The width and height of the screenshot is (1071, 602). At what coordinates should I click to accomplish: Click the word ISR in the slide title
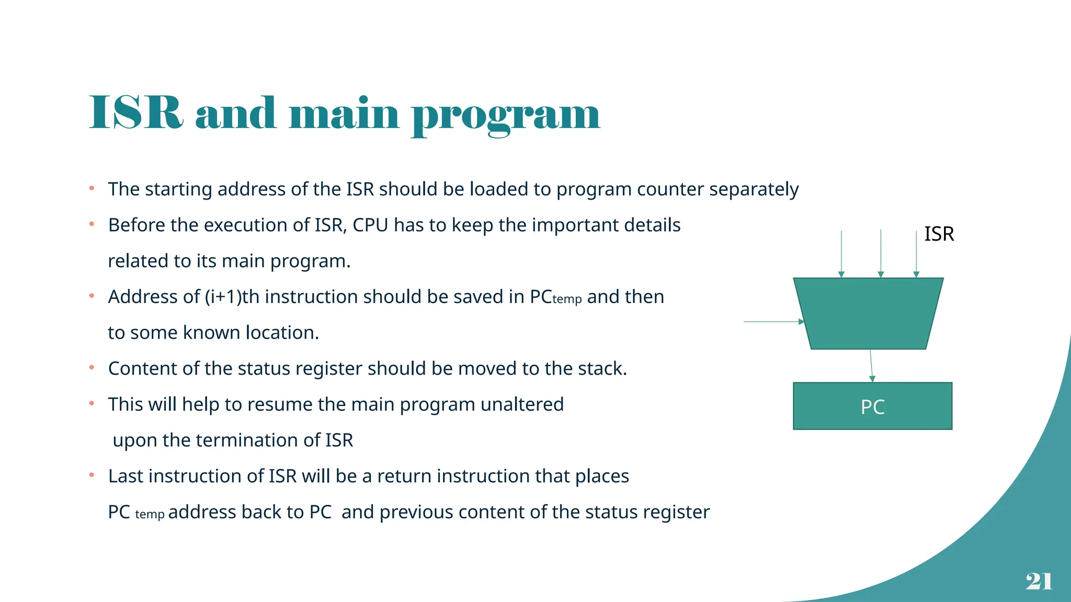(x=136, y=113)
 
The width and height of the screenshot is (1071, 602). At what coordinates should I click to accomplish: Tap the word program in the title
(x=506, y=115)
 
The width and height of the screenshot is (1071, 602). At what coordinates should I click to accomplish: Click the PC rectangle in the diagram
(x=872, y=406)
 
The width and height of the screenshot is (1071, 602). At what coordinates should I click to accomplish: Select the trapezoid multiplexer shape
(x=868, y=314)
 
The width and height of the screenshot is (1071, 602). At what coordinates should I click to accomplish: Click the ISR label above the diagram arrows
(x=939, y=234)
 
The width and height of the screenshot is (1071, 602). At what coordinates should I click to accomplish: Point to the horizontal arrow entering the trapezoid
(x=773, y=322)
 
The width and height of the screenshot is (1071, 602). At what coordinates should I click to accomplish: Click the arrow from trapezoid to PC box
(x=871, y=366)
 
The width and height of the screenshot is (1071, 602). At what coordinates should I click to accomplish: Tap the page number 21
(x=1039, y=581)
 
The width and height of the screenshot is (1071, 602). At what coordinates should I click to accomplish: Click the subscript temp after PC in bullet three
(x=567, y=299)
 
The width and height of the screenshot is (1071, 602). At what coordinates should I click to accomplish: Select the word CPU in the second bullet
(x=370, y=225)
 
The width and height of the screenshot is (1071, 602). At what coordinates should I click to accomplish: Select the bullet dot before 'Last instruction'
(x=92, y=475)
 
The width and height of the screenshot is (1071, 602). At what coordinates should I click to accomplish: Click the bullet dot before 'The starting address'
(x=92, y=188)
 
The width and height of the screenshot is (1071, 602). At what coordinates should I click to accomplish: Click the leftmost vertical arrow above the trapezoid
(x=841, y=253)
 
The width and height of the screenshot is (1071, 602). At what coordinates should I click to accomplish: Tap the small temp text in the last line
(x=150, y=515)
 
